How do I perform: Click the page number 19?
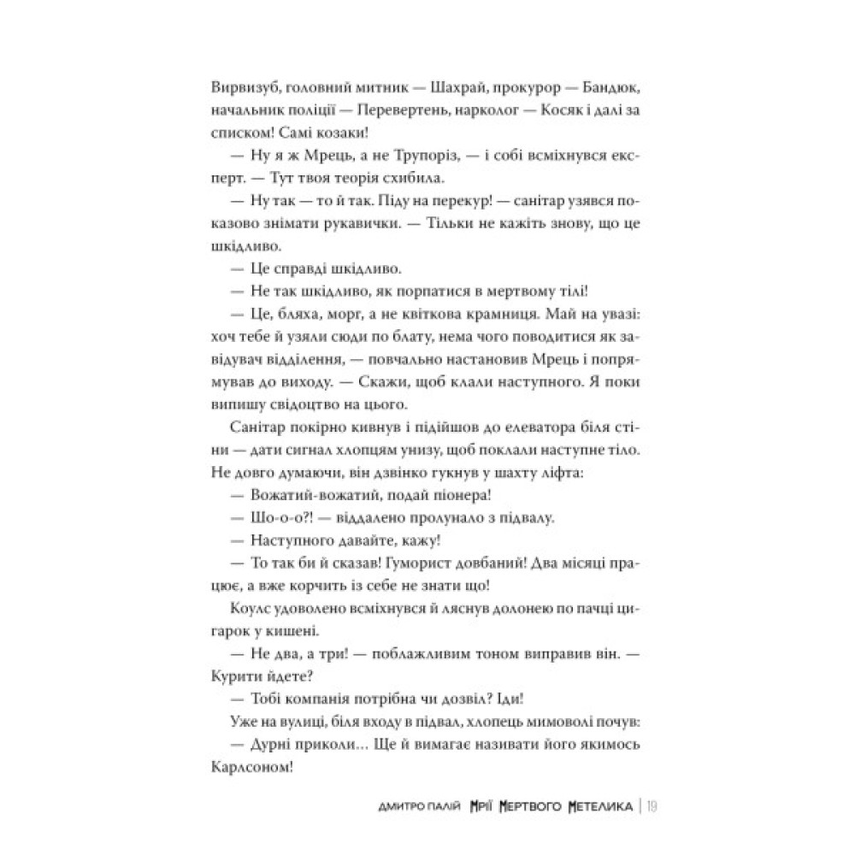(x=652, y=806)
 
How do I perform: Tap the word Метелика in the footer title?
(x=593, y=806)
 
